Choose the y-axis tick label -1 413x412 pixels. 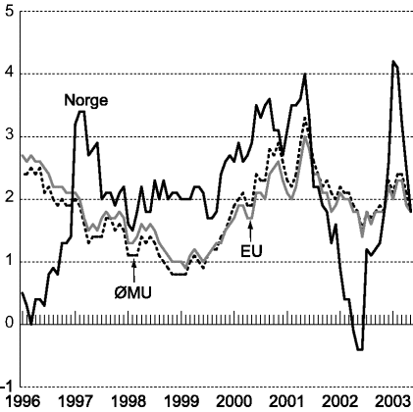[x=6, y=386]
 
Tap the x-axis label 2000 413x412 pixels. [x=232, y=402]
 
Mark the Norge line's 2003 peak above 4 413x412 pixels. [x=393, y=62]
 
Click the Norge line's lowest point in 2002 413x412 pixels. [x=360, y=348]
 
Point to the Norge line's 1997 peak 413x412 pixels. [x=80, y=112]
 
